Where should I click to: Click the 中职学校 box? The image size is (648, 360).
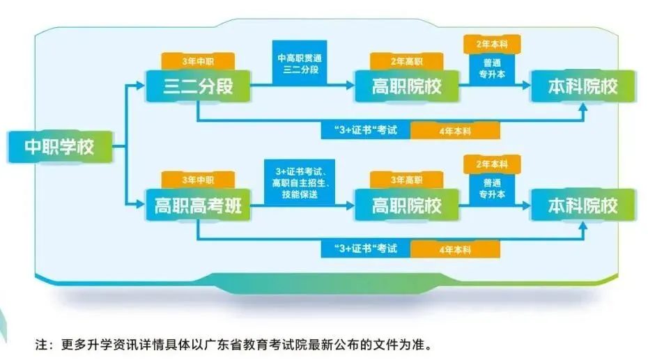coord(59,147)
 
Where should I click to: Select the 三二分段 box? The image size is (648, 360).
coord(197,87)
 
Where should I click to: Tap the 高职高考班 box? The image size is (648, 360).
coord(198,207)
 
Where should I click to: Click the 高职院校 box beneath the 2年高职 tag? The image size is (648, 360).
coord(407,87)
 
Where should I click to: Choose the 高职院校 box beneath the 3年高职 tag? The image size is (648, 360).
coord(407,207)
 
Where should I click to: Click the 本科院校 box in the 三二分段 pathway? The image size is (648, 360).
coord(583,87)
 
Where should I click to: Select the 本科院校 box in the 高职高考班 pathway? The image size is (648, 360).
coord(583,207)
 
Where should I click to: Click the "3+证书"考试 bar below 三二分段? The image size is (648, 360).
coord(365,130)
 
